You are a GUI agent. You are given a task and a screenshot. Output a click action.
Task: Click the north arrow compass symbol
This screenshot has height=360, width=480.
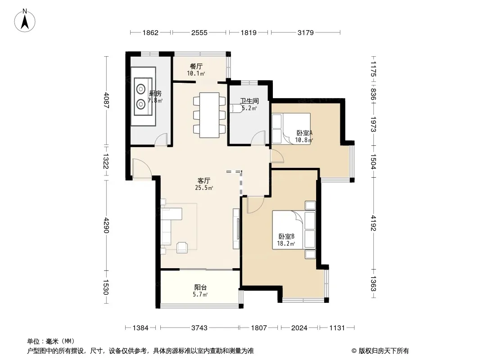tap(25, 21)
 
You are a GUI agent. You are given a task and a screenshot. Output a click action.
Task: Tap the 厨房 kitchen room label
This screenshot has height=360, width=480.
tap(155, 94)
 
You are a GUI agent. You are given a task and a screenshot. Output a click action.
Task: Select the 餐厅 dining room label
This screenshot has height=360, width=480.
tap(196, 66)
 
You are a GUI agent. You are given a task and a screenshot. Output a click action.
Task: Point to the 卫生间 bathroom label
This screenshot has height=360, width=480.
tap(249, 101)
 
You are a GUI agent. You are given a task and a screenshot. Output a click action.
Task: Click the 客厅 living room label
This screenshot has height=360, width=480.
tap(204, 181)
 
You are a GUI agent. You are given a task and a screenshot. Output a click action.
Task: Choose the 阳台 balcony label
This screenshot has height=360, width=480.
tap(200, 288)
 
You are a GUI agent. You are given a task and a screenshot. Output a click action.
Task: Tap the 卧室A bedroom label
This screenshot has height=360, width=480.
tap(304, 133)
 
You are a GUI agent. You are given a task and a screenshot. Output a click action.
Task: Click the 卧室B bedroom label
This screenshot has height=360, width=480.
tap(286, 236)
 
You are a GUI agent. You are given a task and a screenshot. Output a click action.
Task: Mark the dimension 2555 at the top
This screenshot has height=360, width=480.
tap(199, 32)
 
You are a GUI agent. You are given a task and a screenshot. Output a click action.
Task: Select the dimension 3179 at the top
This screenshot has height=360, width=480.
tap(305, 32)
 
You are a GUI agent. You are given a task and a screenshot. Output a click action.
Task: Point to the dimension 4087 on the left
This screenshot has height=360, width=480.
tap(106, 100)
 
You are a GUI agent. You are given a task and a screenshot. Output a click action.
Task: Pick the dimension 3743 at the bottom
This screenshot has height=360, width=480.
tap(199, 328)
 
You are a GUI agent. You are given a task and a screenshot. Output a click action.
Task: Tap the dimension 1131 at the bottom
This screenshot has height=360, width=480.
tap(337, 328)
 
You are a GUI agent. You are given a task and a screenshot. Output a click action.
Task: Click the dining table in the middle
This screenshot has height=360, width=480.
tap(209, 115)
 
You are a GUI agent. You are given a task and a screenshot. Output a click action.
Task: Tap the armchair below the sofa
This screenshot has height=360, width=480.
tap(182, 247)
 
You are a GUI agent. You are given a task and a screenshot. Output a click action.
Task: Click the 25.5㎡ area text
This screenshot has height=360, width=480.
tap(204, 188)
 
